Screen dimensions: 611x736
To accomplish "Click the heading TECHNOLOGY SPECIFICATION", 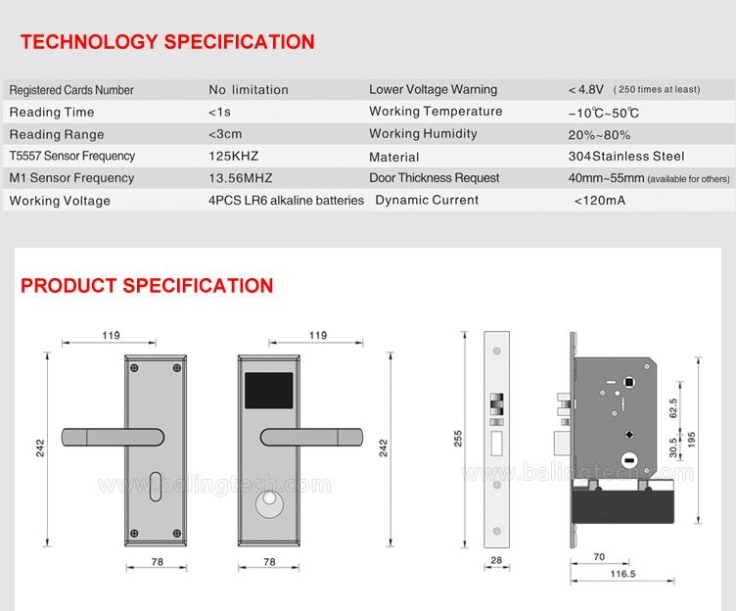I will coord(167,42).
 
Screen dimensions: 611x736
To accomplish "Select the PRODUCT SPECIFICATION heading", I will coord(147,286).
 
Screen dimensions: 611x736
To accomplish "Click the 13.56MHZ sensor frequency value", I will coord(240,178).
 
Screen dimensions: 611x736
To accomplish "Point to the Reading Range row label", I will coord(56,134).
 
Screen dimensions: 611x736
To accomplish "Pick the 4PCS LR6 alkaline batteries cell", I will coord(286,200).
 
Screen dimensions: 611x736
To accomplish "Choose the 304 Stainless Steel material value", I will coord(625,156).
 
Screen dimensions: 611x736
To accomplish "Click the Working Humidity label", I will coord(423,133).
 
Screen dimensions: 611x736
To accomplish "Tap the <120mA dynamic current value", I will coord(599,200).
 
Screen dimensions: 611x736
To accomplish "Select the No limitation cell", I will coord(248,89).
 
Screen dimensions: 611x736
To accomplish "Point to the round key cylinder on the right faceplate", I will coord(271,507).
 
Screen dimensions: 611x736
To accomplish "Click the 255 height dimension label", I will coord(459,440).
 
